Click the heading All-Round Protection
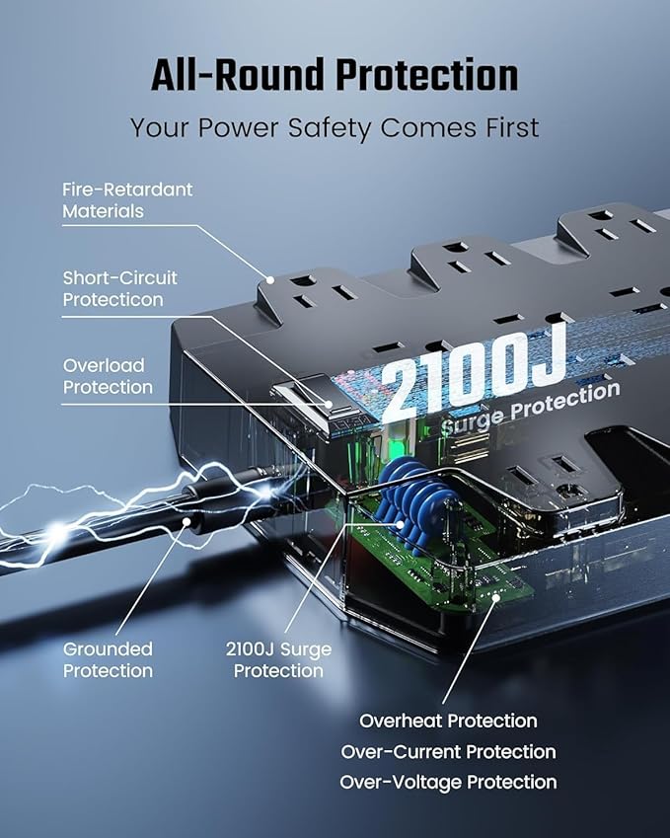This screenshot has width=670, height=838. (335, 76)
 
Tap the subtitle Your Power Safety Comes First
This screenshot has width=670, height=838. (335, 127)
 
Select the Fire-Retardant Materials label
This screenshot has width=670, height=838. (127, 199)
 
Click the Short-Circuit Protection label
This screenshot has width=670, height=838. (119, 288)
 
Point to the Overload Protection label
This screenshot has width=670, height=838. (108, 376)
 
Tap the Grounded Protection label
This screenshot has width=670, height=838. (108, 659)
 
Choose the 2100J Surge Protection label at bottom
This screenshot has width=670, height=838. (277, 659)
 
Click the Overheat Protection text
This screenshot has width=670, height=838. (448, 721)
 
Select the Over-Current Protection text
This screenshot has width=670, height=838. (448, 751)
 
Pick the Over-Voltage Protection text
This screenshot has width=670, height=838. (448, 782)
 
